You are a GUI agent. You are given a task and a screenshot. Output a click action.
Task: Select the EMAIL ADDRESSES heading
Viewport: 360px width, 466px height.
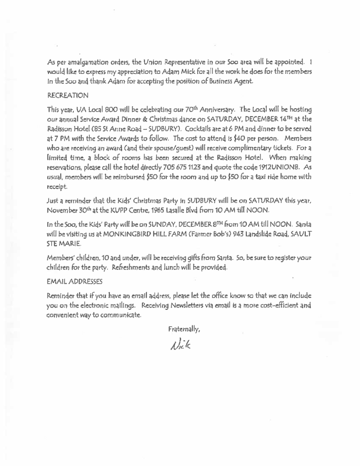[x=75, y=282]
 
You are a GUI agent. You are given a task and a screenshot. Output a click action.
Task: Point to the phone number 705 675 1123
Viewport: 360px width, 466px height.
[x=215, y=166]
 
